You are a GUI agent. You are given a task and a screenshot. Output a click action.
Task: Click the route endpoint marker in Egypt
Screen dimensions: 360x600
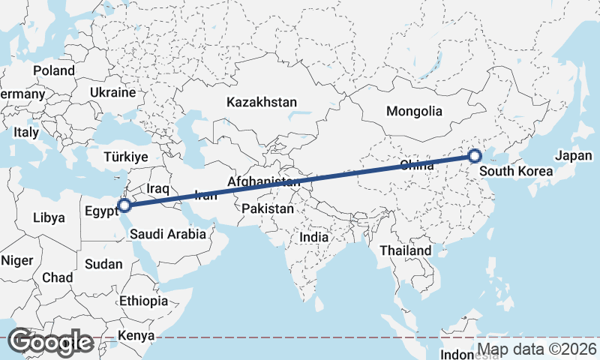click(x=125, y=204)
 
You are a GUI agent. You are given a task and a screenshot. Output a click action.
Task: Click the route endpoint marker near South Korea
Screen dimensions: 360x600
click(x=474, y=156)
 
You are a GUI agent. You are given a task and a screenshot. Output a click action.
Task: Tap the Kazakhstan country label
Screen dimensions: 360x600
click(x=262, y=102)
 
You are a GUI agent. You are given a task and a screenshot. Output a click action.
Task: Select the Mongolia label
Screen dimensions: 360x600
click(x=414, y=111)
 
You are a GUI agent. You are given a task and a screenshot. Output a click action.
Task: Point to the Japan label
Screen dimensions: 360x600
click(x=574, y=156)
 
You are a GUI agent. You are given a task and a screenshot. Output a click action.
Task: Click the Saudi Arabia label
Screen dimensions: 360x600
click(x=167, y=234)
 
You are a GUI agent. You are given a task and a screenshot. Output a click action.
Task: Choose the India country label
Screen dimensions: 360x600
click(x=313, y=237)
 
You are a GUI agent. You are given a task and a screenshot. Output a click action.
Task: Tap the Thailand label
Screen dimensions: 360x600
click(x=406, y=250)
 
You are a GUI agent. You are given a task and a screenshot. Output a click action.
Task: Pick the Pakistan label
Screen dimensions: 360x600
click(x=268, y=209)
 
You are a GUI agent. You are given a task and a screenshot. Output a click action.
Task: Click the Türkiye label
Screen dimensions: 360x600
click(x=126, y=156)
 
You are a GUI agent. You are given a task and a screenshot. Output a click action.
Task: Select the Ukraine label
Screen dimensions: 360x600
click(x=112, y=93)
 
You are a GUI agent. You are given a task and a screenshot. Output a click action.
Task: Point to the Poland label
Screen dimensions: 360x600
click(x=54, y=70)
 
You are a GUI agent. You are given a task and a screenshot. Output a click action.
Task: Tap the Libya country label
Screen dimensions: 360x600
click(x=49, y=218)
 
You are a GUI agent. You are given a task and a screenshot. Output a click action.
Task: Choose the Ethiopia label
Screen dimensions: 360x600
click(x=143, y=301)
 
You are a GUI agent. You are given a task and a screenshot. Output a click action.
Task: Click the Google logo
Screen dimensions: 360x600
click(x=50, y=342)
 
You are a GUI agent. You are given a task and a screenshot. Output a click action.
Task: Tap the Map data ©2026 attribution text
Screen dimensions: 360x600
click(x=537, y=349)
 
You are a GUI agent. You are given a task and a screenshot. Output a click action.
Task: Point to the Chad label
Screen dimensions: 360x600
click(x=58, y=277)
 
